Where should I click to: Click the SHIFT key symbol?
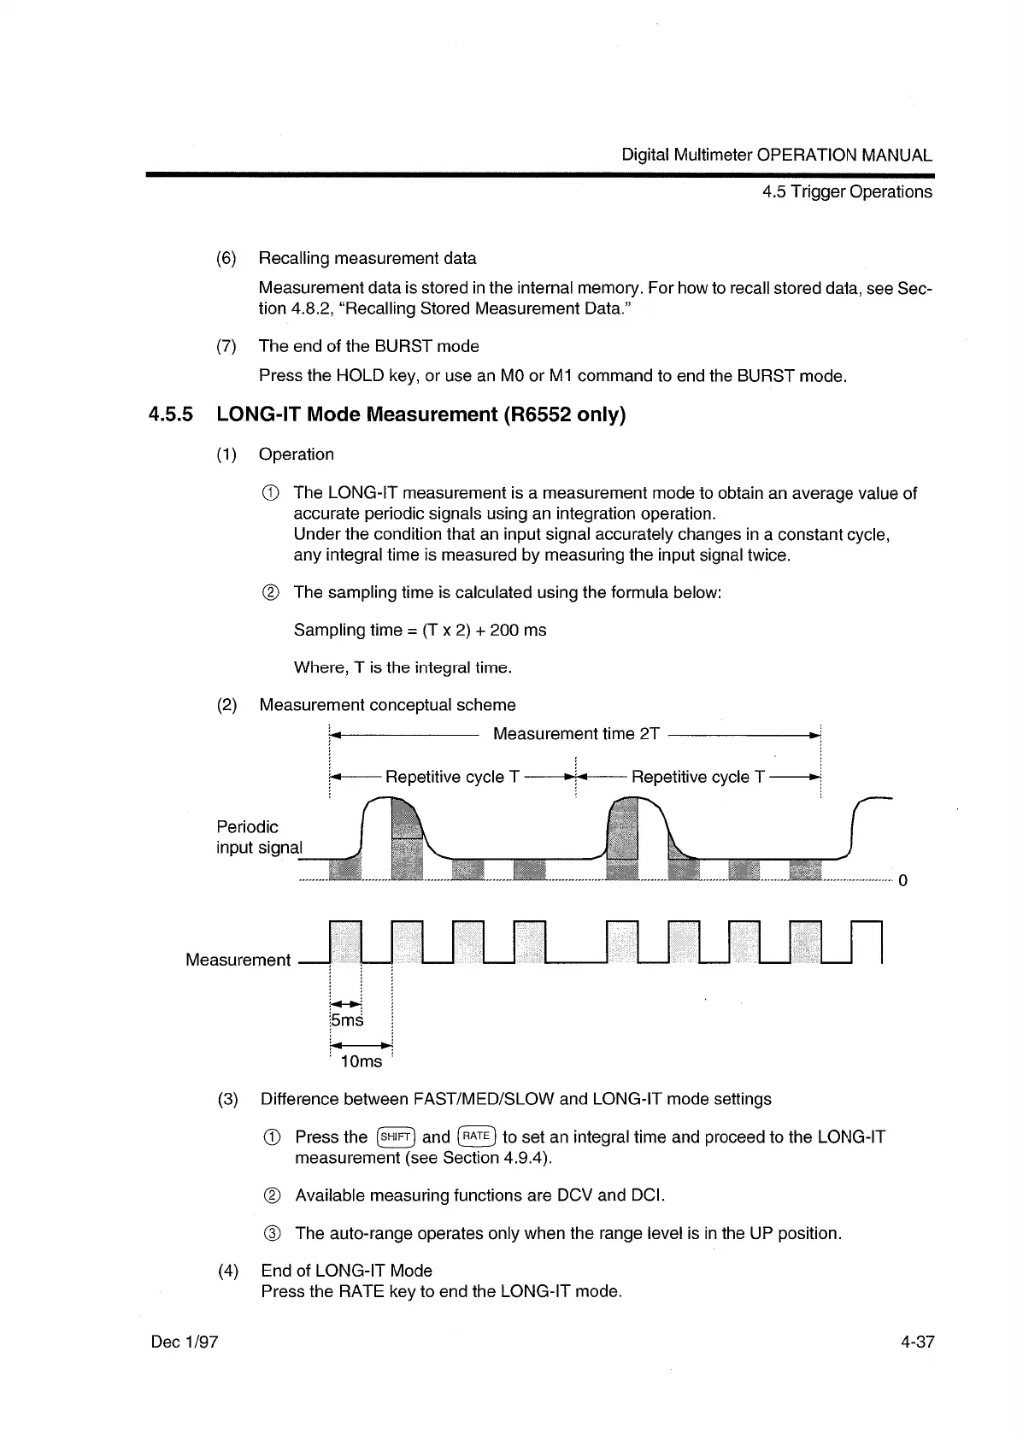click(x=396, y=1137)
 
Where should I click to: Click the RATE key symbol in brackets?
click(x=476, y=1137)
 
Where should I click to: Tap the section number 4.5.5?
click(x=171, y=415)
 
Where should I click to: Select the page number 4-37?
click(x=917, y=1342)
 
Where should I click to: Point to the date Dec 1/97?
click(x=185, y=1342)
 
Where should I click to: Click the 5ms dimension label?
click(x=346, y=1020)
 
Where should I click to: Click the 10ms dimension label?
click(x=362, y=1061)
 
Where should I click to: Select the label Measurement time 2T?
click(x=576, y=734)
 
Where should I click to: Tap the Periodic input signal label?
click(x=258, y=837)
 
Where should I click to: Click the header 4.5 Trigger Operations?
click(x=847, y=192)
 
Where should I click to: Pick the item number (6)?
click(x=226, y=258)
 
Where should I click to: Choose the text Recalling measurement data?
click(x=367, y=258)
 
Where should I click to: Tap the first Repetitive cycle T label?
click(x=452, y=778)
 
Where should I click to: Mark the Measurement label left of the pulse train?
click(x=238, y=960)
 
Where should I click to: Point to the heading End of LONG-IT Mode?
click(x=346, y=1271)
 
